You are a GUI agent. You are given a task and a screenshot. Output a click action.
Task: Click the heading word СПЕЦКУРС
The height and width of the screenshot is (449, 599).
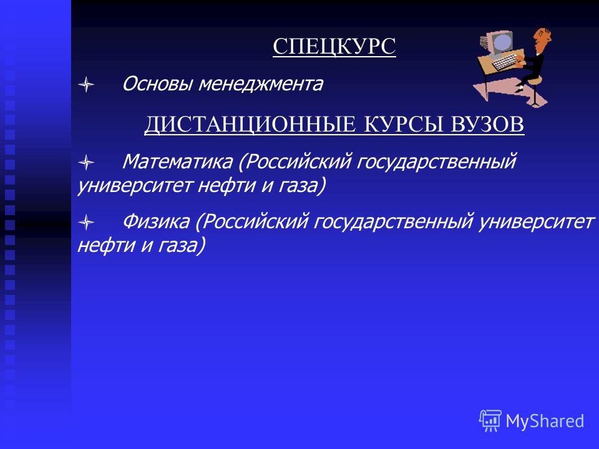334,47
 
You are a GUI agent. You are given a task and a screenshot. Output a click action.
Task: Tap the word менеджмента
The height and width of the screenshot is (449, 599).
261,84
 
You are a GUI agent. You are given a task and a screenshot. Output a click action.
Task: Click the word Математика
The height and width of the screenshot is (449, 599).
178,162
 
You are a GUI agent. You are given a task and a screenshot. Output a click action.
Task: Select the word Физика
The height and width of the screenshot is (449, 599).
156,221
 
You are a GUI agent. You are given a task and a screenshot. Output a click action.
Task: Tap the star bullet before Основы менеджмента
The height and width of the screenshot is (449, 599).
86,84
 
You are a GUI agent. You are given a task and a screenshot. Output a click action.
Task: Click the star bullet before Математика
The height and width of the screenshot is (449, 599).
86,162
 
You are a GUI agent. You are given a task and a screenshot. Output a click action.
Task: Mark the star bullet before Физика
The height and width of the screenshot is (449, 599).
86,222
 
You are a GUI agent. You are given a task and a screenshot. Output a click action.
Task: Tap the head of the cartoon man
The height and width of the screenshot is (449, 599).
542,38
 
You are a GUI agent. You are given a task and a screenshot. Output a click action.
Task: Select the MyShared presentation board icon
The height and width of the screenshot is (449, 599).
490,420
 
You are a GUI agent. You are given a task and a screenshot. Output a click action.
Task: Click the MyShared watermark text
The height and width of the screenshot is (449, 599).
545,421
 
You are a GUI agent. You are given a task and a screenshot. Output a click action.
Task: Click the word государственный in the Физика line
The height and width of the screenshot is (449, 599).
394,222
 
